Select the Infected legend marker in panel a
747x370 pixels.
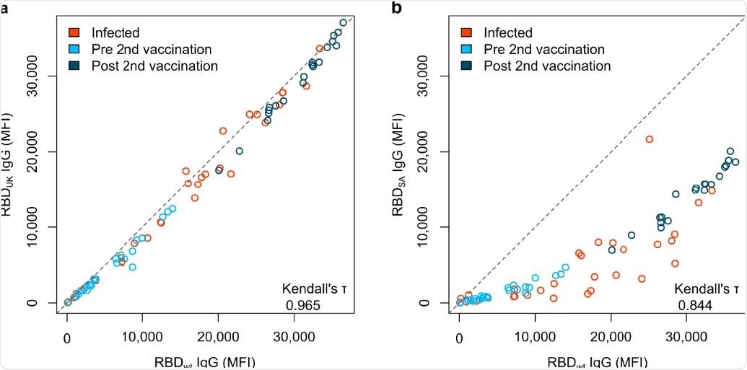[74, 32]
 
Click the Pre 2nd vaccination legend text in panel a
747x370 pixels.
[151, 49]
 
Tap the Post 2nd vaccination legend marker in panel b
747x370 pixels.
[466, 66]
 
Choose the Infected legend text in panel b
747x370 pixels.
[508, 32]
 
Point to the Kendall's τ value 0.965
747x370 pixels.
[303, 306]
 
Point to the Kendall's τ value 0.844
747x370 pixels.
[695, 306]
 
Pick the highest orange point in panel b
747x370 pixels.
[649, 139]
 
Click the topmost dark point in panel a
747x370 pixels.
[344, 23]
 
